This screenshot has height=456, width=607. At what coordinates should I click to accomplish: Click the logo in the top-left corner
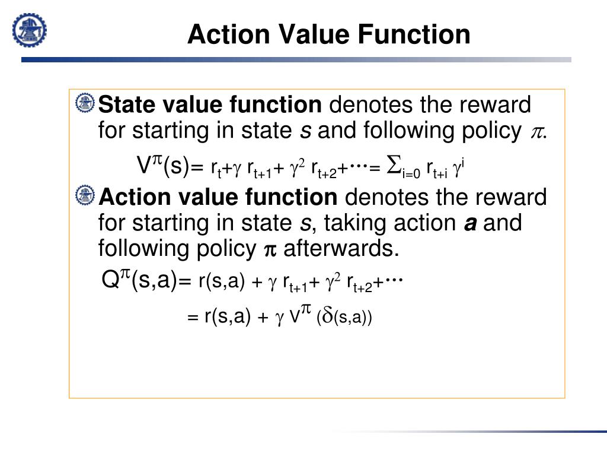(x=30, y=30)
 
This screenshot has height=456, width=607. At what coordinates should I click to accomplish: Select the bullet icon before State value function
(x=85, y=103)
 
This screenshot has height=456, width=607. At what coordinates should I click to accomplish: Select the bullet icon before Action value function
(x=85, y=195)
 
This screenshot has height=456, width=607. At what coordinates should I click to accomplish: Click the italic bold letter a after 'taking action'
(x=469, y=223)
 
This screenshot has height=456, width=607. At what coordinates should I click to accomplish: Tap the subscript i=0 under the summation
(x=411, y=173)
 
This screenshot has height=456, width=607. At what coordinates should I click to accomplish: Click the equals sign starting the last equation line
(x=193, y=318)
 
